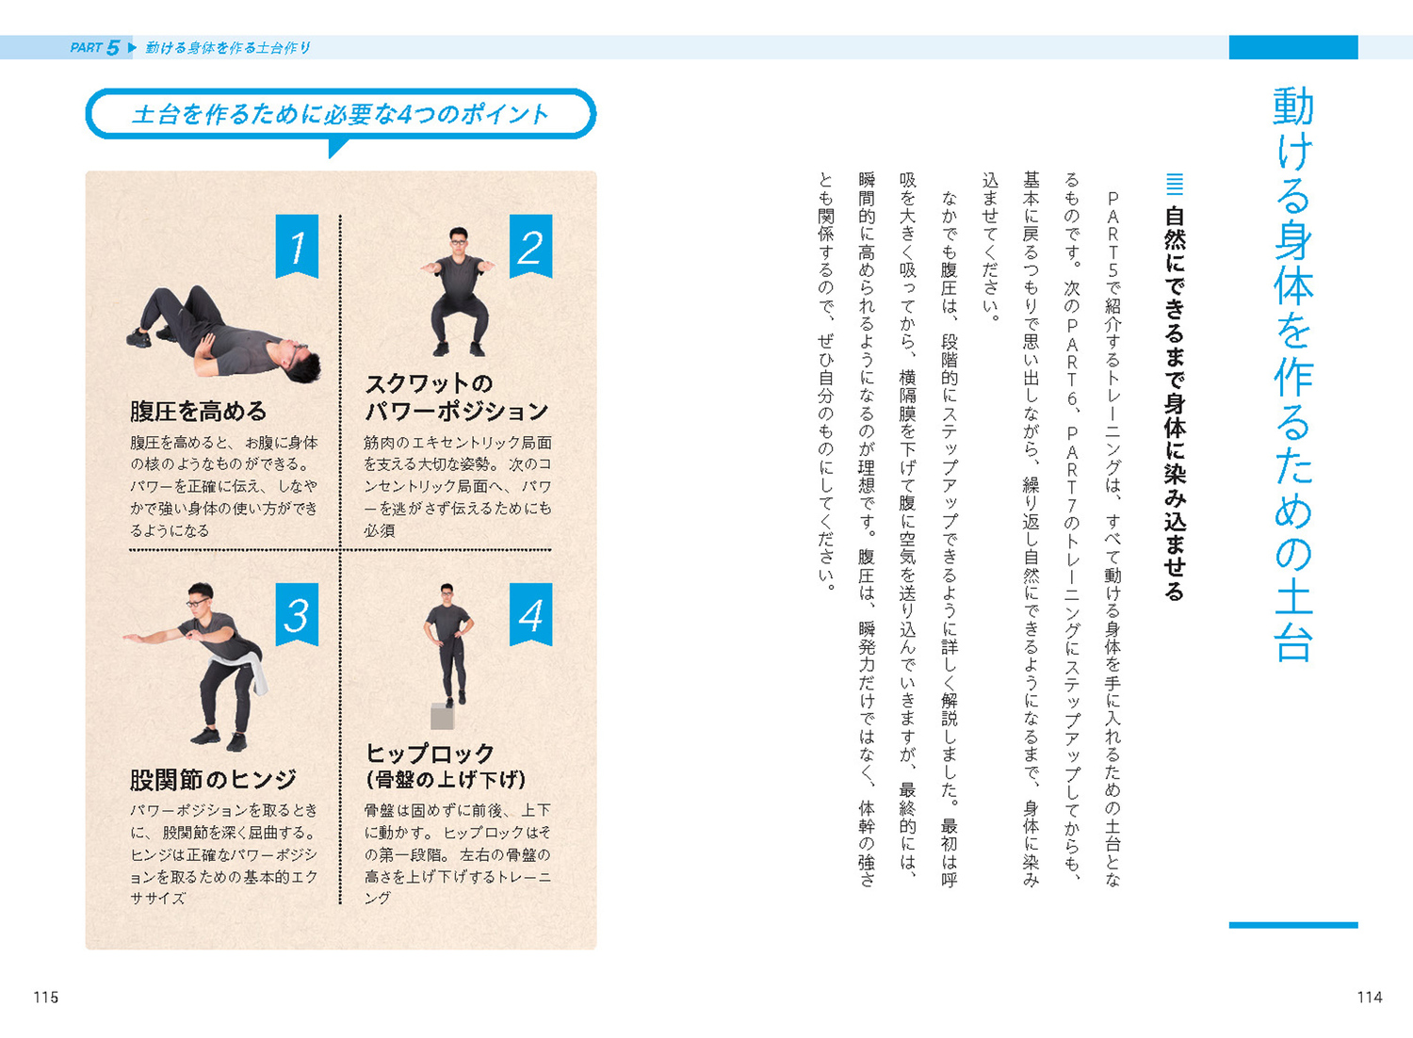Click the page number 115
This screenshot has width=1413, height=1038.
click(x=45, y=997)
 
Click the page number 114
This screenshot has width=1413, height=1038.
click(x=1370, y=997)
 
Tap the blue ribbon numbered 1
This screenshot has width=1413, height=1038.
click(x=297, y=246)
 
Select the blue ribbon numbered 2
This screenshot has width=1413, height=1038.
click(x=530, y=246)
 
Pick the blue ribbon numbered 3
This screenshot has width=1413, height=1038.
click(x=297, y=614)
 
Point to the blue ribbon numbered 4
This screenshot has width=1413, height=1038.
click(x=530, y=614)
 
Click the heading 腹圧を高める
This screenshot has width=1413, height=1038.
click(x=198, y=412)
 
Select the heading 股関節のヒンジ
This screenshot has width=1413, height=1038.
click(x=213, y=780)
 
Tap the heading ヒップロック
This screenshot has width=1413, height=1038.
click(x=430, y=753)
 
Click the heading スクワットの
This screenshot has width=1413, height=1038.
click(x=429, y=383)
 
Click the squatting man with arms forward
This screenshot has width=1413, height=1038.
click(x=459, y=291)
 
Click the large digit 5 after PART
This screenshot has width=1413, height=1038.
click(x=113, y=47)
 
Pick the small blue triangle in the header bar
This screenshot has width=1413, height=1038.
click(x=132, y=47)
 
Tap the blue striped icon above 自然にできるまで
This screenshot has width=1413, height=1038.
click(x=1174, y=184)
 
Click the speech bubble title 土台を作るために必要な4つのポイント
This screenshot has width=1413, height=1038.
click(x=340, y=115)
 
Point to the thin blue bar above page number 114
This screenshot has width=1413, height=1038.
click(x=1293, y=925)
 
